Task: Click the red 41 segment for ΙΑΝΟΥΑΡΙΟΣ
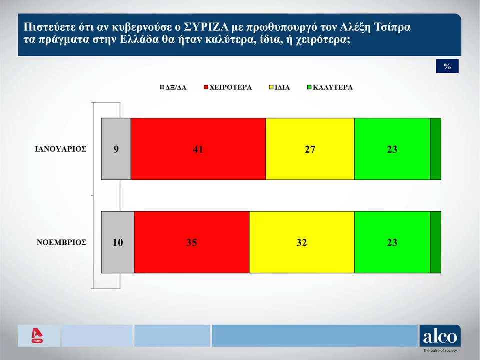[x=198, y=149]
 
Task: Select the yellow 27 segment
[x=310, y=149]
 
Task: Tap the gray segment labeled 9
[x=116, y=149]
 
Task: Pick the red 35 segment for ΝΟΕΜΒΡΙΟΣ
[x=192, y=242]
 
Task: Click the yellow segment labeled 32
[x=302, y=242]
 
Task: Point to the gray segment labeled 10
[x=118, y=242]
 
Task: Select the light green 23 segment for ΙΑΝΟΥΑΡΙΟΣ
[x=392, y=149]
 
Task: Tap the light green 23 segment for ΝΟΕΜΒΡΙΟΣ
[x=392, y=242]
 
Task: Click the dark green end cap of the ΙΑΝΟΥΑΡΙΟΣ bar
[x=436, y=149]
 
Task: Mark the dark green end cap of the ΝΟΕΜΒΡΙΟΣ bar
[x=436, y=242]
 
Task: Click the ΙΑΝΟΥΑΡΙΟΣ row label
[x=61, y=149]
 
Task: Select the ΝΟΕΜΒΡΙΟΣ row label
[x=62, y=242]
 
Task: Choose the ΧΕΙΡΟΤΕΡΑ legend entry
[x=228, y=87]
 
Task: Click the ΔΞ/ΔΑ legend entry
[x=173, y=87]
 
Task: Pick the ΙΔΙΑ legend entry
[x=279, y=87]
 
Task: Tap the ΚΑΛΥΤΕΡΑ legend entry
[x=330, y=87]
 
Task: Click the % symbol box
[x=447, y=66]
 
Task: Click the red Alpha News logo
[x=37, y=336]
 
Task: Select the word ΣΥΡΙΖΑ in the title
[x=206, y=27]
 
